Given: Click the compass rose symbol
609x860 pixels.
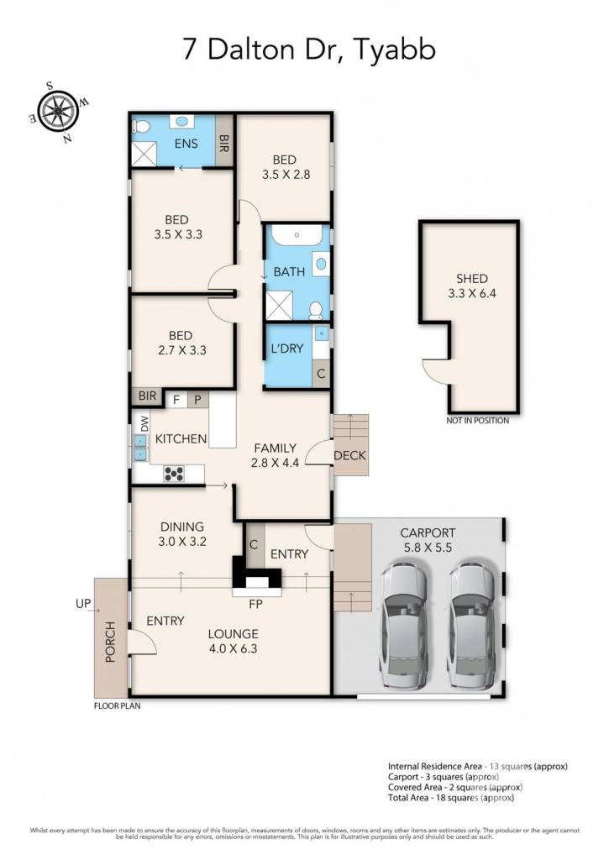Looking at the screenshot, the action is click(59, 112).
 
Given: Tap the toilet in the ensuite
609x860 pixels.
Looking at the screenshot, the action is click(142, 127).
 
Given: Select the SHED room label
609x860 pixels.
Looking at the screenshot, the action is click(472, 278).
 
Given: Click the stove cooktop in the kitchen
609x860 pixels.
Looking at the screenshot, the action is click(174, 474).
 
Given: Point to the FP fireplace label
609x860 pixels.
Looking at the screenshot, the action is click(255, 604).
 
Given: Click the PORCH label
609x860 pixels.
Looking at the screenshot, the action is click(110, 642).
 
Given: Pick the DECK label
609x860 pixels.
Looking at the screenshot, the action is click(349, 455).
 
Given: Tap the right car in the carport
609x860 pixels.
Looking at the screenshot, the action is click(474, 625).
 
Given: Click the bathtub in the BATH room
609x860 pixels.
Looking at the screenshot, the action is click(297, 235).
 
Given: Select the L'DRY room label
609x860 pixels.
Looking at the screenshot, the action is click(287, 349).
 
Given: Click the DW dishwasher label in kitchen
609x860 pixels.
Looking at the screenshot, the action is click(144, 423).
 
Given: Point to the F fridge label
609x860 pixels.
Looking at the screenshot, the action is click(176, 400).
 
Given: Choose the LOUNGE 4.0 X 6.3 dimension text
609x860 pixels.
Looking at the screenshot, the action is click(233, 649).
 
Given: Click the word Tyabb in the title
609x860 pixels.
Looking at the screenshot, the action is click(395, 50).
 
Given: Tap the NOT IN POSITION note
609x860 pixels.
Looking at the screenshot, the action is click(477, 421).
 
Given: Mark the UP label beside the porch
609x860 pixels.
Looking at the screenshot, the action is click(83, 604).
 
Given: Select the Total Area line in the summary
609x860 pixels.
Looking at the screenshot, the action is click(451, 798).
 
